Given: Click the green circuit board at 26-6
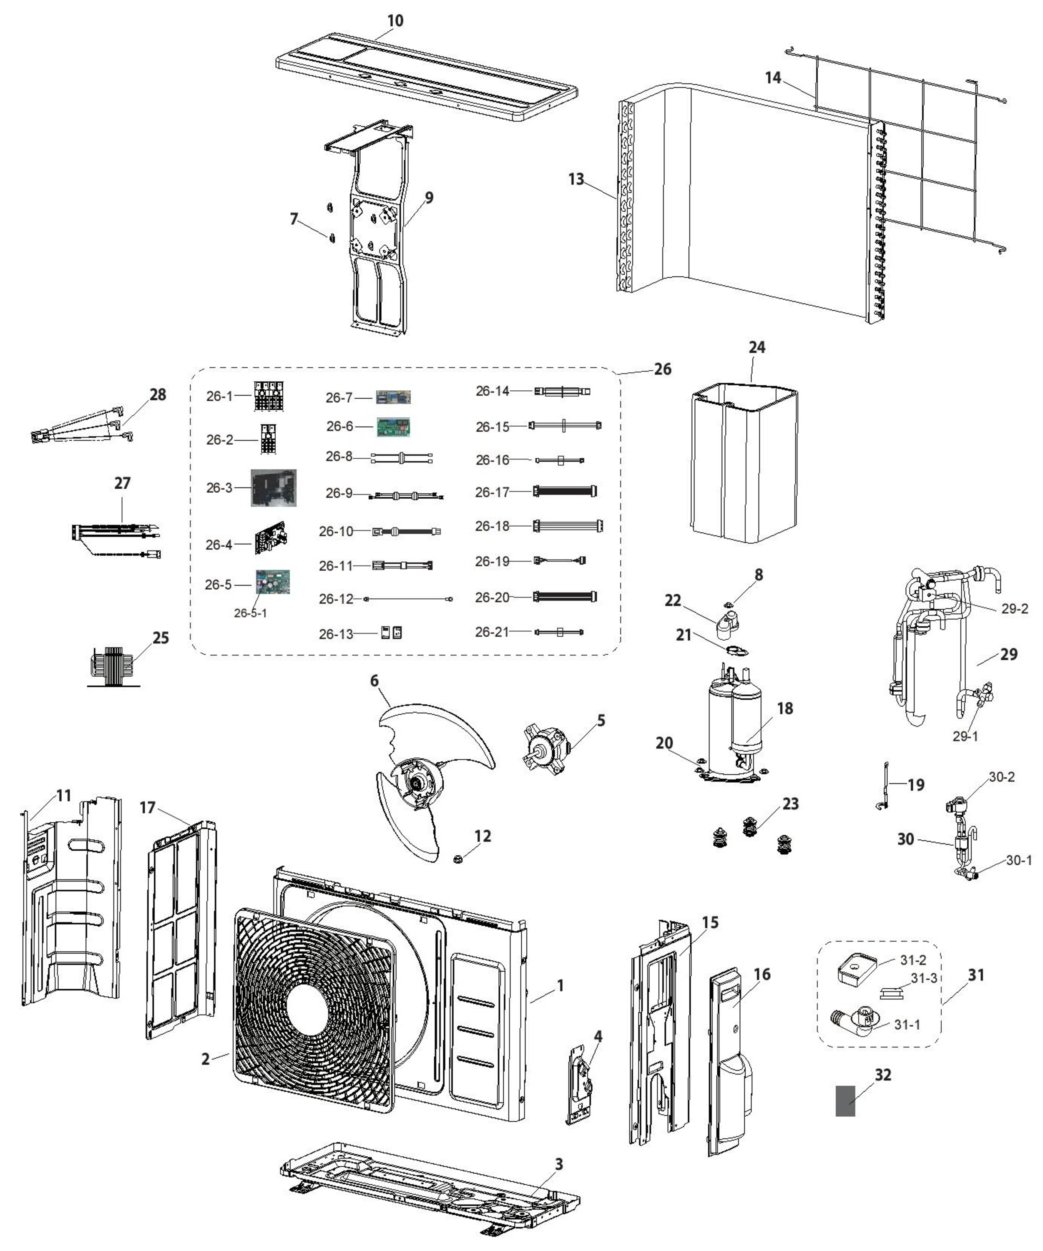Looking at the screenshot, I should click(x=394, y=427).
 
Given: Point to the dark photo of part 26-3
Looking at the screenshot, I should click(x=274, y=488).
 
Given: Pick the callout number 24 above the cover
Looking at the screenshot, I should click(x=756, y=347).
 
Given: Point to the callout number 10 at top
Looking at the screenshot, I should click(x=395, y=21).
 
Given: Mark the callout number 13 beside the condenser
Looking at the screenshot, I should click(x=576, y=179).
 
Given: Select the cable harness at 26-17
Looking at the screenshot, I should click(x=565, y=492).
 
